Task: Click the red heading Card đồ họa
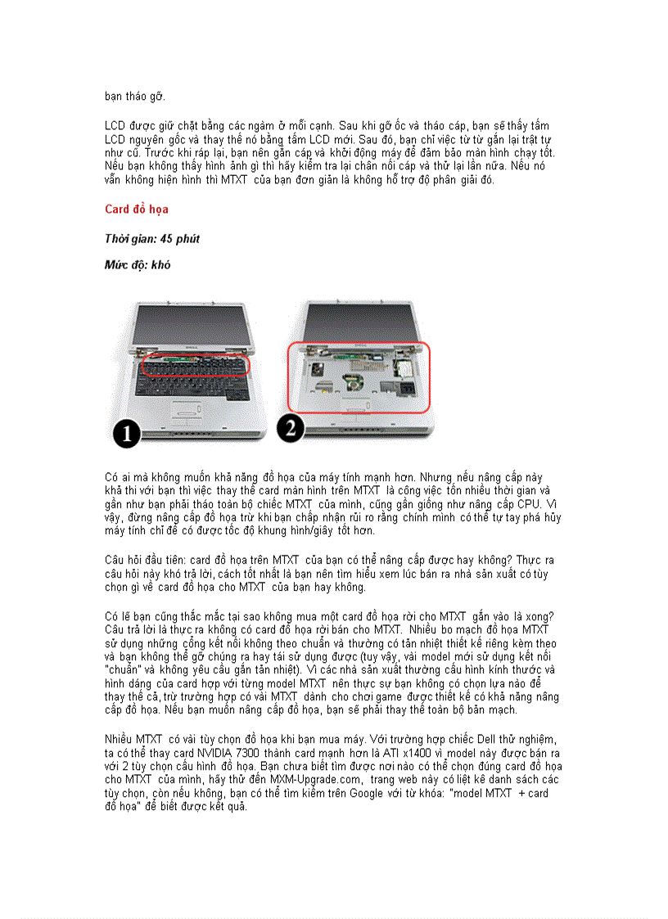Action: point(137,209)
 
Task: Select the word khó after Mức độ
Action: point(160,265)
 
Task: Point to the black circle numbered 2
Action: point(291,426)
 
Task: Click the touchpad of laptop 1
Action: point(187,411)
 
